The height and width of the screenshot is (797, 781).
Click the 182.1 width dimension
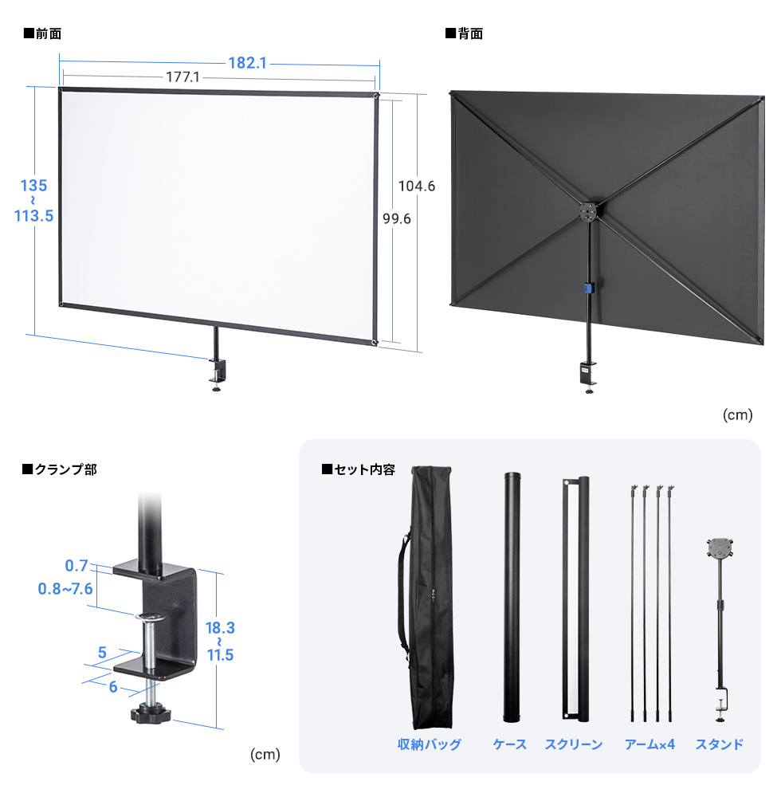(247, 62)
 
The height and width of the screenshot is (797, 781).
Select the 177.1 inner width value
(182, 77)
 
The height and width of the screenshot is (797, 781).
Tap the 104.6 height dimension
(417, 186)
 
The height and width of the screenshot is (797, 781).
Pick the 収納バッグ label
(430, 744)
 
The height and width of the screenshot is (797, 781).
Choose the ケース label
(510, 744)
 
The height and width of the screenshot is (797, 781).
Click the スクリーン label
(574, 744)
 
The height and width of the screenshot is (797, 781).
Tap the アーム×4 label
(650, 744)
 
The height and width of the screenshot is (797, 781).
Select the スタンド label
(720, 744)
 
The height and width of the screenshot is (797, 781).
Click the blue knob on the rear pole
(588, 288)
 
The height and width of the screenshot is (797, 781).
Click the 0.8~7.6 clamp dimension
(65, 589)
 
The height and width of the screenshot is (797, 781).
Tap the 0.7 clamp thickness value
(77, 566)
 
